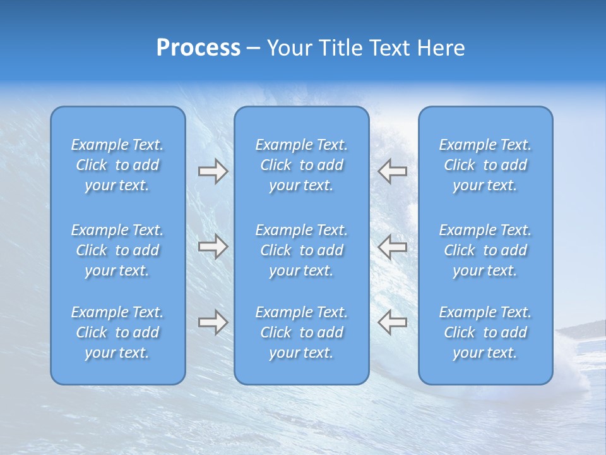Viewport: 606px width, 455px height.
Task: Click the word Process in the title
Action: click(x=198, y=48)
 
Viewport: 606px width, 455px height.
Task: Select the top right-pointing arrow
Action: click(x=213, y=171)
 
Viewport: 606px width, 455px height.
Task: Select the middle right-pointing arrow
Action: click(x=213, y=246)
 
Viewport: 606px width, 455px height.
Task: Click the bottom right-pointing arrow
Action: click(x=213, y=322)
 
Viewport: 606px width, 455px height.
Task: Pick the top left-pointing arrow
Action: click(x=392, y=171)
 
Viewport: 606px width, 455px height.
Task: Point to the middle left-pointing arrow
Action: click(x=392, y=246)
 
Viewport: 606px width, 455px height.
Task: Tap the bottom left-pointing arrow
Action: click(x=392, y=322)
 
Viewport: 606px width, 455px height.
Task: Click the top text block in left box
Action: click(x=117, y=165)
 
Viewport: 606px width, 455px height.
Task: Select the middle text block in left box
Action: click(x=117, y=250)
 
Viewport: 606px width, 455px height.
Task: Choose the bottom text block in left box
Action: click(x=117, y=332)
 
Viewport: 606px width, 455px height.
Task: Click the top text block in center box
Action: click(x=301, y=165)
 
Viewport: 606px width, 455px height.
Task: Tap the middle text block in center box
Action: click(x=301, y=250)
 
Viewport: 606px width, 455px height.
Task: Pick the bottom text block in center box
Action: click(x=301, y=332)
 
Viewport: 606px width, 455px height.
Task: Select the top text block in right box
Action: click(x=485, y=165)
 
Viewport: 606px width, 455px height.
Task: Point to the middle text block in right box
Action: click(x=485, y=250)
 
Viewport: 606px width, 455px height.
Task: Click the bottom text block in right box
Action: click(x=485, y=332)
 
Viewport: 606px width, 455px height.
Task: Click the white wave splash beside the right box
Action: click(x=571, y=373)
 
